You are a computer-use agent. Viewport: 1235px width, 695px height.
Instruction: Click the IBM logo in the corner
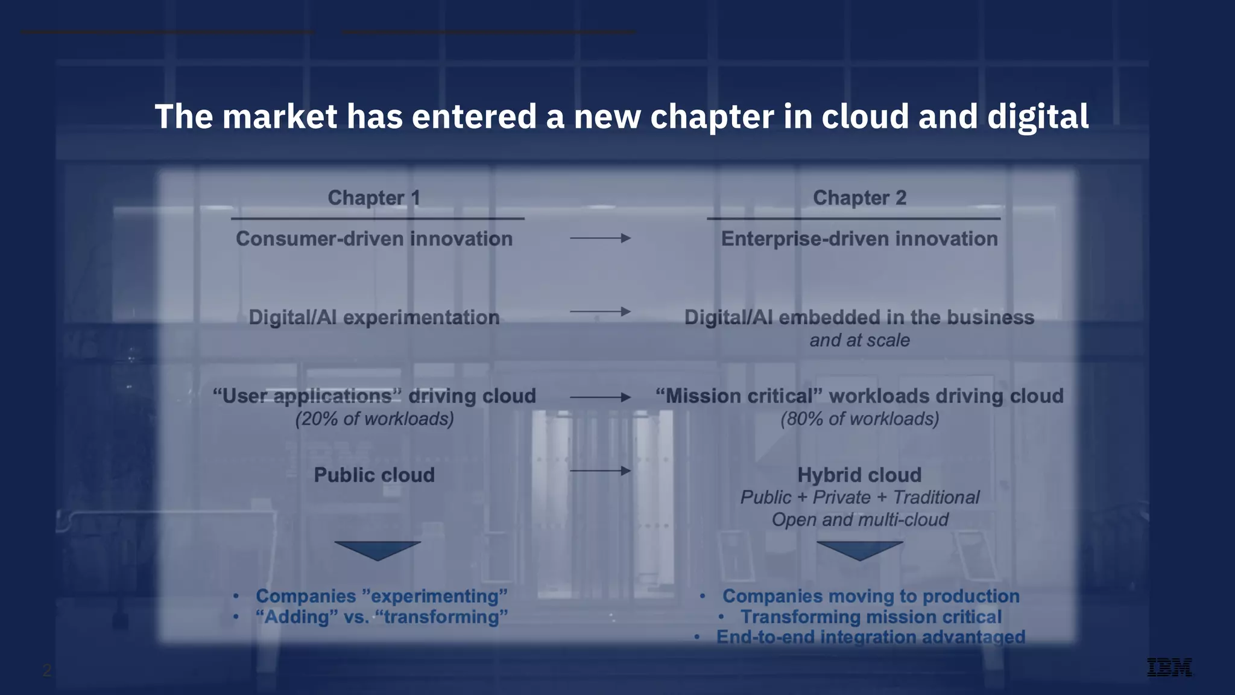click(x=1169, y=667)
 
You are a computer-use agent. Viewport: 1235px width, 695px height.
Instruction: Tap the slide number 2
click(x=47, y=670)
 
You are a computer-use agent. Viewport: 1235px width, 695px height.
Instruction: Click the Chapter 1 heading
click(x=374, y=198)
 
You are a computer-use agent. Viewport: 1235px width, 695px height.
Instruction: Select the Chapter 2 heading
click(x=859, y=198)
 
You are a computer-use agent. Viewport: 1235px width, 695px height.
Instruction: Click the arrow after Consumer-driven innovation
click(x=600, y=238)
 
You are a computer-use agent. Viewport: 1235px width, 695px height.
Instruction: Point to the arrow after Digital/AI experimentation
click(x=600, y=312)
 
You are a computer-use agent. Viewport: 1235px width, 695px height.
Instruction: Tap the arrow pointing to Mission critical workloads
click(x=600, y=397)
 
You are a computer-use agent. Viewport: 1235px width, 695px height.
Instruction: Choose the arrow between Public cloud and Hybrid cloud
click(x=600, y=471)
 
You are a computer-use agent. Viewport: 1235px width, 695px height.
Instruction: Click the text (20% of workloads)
click(x=374, y=419)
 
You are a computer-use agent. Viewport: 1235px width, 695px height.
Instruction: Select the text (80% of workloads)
click(x=859, y=419)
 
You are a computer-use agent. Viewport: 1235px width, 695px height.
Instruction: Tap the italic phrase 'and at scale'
click(x=859, y=340)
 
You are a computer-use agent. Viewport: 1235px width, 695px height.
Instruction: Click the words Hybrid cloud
click(x=859, y=475)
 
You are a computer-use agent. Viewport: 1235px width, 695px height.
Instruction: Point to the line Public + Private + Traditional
click(x=859, y=497)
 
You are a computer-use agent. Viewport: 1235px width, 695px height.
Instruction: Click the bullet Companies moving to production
click(x=871, y=596)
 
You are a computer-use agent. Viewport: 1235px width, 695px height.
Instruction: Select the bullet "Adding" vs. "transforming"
click(x=382, y=617)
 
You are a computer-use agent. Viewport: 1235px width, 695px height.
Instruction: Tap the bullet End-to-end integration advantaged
click(x=870, y=637)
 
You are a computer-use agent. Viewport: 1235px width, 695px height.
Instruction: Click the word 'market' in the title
click(x=279, y=116)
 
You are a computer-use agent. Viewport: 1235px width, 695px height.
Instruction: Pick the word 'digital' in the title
click(x=1037, y=116)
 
